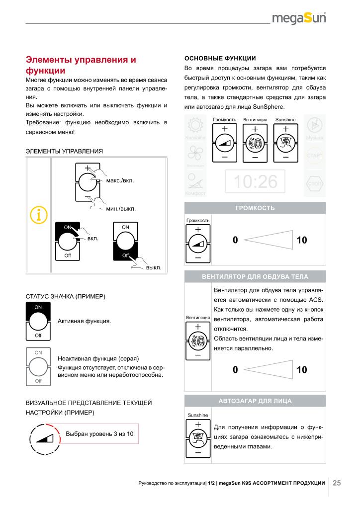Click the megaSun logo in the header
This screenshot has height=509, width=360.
[x=299, y=18]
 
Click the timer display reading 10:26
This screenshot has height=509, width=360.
[x=256, y=182]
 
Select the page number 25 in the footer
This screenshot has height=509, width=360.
[x=337, y=483]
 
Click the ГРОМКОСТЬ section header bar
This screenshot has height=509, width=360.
[x=255, y=208]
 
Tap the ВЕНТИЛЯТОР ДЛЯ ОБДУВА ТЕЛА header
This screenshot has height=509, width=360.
[x=255, y=276]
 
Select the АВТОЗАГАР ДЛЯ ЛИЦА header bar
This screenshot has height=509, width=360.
[x=255, y=401]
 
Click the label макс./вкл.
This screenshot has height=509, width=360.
[x=120, y=180]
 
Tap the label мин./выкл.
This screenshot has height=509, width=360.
[x=121, y=209]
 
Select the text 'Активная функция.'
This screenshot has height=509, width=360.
[x=84, y=322]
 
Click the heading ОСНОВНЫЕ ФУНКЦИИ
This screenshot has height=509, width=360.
[x=220, y=58]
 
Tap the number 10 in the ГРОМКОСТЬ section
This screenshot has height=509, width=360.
[x=301, y=241]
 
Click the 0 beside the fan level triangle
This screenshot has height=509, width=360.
[x=235, y=370]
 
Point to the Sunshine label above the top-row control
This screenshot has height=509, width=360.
[x=285, y=120]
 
